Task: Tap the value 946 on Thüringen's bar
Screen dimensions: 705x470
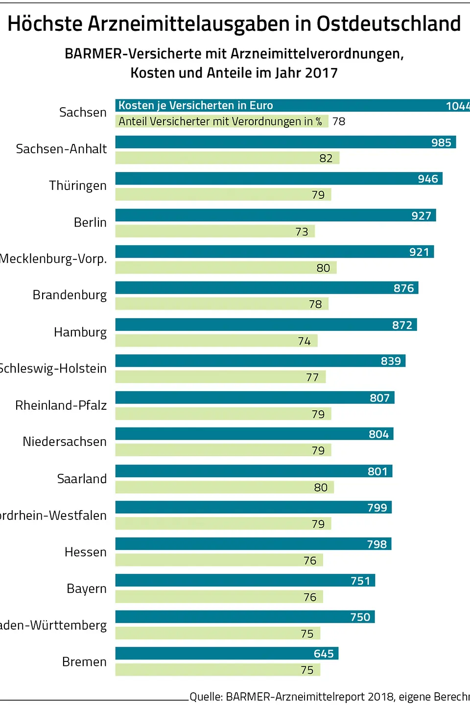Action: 427,179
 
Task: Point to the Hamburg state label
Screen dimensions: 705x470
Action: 80,332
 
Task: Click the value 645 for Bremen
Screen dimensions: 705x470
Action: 324,654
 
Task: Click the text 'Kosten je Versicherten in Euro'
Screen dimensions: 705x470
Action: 196,105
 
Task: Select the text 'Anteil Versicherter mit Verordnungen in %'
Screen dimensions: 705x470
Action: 220,121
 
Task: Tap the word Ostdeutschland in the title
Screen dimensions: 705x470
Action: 389,23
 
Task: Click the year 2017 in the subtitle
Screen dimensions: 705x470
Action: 321,73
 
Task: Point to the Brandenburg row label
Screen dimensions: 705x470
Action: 70,295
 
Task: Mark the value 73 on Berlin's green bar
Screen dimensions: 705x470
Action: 302,232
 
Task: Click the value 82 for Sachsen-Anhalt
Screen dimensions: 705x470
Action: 326,158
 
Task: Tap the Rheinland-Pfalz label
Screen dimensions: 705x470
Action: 61,405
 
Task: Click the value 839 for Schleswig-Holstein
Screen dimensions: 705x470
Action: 391,361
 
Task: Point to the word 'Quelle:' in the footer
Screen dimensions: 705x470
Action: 206,697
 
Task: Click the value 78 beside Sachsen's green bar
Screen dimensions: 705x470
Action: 339,121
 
